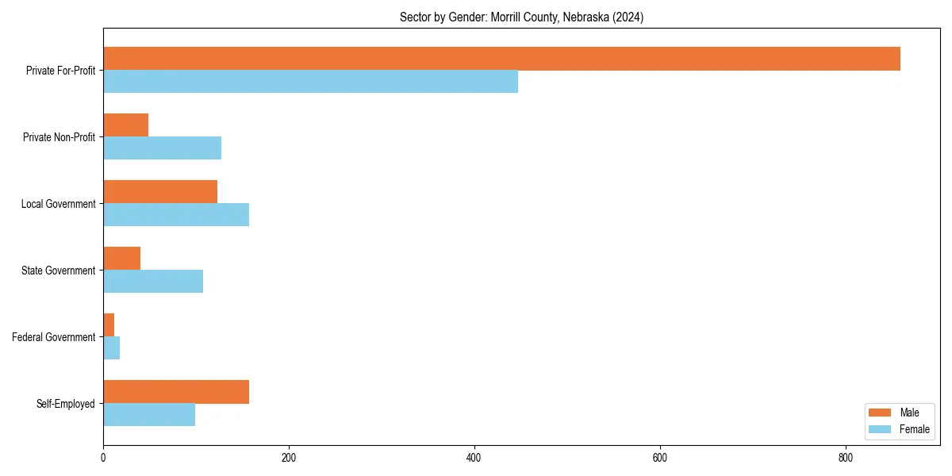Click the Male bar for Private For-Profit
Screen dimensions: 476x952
[501, 59]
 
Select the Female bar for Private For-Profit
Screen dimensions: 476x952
[310, 82]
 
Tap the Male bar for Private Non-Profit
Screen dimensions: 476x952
[125, 125]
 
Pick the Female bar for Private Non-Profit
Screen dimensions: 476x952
[162, 148]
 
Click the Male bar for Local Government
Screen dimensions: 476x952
[160, 192]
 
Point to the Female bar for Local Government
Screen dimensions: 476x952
[176, 215]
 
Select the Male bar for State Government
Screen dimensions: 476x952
[121, 259]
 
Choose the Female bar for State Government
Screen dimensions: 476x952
[153, 282]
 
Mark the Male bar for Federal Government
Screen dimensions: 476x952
[109, 325]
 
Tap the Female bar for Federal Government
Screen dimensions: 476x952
[111, 348]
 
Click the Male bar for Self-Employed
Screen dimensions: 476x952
[176, 392]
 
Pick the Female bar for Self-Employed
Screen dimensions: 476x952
[149, 415]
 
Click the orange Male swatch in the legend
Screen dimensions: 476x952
[881, 413]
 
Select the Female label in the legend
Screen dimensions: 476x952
[915, 429]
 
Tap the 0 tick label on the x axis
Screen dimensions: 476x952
[103, 458]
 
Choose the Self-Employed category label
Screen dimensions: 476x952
[66, 404]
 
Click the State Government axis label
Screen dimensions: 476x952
[59, 271]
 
